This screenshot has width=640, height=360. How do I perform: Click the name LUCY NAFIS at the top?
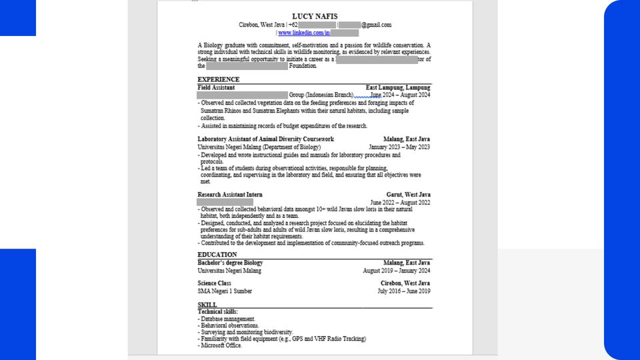point(315,16)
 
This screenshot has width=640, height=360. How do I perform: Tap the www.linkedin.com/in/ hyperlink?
point(304,33)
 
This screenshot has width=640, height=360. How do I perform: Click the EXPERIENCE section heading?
point(218,79)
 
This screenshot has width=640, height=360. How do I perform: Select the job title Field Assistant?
point(216,87)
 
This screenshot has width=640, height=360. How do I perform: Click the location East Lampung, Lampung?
point(398,87)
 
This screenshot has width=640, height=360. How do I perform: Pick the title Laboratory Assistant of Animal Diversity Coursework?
point(265,139)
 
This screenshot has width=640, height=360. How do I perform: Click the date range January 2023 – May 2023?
point(399,147)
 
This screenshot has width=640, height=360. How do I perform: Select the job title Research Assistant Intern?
point(230,195)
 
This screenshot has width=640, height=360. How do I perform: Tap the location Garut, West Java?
point(408,195)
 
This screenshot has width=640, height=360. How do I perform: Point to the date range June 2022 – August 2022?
point(400,203)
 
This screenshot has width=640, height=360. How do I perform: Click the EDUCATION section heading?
point(217,255)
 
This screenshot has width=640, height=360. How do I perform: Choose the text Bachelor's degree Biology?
point(230,263)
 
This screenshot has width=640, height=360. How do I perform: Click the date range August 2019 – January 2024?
point(396,271)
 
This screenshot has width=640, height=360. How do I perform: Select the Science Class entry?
point(214,283)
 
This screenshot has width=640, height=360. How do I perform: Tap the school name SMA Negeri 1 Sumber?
point(225,291)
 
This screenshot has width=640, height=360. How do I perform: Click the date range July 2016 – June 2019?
point(403,291)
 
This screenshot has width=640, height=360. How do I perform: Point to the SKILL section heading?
point(207,305)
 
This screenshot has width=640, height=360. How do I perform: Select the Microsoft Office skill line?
point(221,345)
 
